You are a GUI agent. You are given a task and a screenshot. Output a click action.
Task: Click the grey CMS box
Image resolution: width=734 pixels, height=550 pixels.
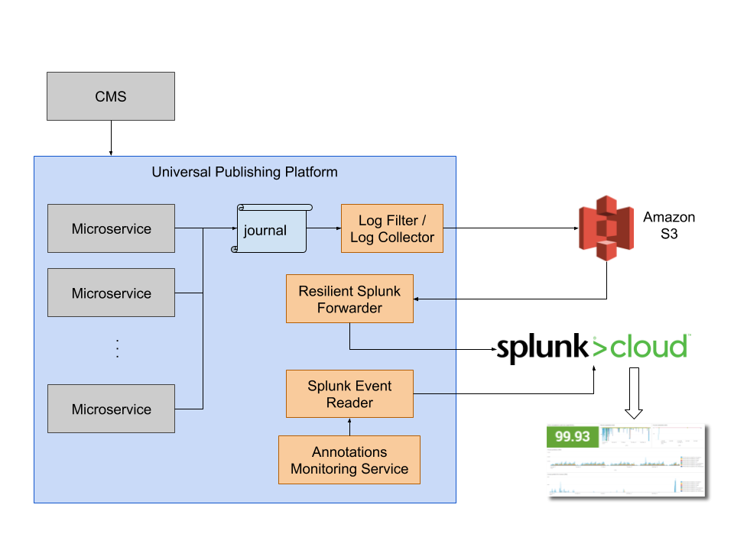pyautogui.click(x=111, y=96)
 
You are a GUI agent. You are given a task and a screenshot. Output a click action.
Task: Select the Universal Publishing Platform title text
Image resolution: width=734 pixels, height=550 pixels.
pyautogui.click(x=244, y=172)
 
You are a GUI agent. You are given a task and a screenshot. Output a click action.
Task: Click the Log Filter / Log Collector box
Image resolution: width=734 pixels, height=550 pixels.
pyautogui.click(x=391, y=228)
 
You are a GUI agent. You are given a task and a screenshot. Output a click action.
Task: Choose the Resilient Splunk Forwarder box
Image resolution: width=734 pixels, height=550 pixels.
pyautogui.click(x=349, y=299)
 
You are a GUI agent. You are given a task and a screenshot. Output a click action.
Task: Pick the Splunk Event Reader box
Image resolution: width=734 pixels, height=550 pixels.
pyautogui.click(x=349, y=394)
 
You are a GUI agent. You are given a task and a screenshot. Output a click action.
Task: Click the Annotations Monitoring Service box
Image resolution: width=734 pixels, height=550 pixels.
pyautogui.click(x=349, y=460)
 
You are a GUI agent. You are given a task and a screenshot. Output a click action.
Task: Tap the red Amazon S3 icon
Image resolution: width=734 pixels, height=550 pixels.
pyautogui.click(x=606, y=228)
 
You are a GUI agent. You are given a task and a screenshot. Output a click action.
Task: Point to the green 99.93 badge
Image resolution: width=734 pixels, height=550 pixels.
pyautogui.click(x=573, y=436)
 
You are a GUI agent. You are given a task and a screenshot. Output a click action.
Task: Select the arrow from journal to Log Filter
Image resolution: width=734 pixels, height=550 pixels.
pyautogui.click(x=323, y=228)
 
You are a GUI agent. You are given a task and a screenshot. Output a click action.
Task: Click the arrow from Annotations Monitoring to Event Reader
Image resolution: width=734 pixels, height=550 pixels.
pyautogui.click(x=349, y=426)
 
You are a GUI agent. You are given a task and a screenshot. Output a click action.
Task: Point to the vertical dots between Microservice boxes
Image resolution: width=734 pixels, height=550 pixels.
pyautogui.click(x=117, y=348)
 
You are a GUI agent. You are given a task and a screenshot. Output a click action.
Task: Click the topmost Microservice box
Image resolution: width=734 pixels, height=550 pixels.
pyautogui.click(x=111, y=228)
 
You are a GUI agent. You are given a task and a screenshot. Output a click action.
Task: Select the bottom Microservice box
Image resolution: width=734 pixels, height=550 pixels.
pyautogui.click(x=111, y=409)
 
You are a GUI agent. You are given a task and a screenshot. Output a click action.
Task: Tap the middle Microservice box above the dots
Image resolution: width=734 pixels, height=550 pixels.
pyautogui.click(x=111, y=293)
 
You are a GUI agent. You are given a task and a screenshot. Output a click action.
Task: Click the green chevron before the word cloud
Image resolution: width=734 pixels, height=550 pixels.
pyautogui.click(x=600, y=347)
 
